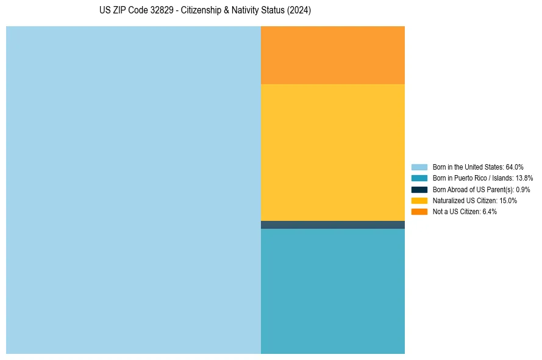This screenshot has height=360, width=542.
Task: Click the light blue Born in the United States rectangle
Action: pos(134,190)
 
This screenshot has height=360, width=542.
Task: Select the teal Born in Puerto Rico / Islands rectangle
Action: pos(332,291)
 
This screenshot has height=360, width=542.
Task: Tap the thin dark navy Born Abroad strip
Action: pos(332,225)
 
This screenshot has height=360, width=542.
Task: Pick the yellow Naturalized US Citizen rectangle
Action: pos(332,153)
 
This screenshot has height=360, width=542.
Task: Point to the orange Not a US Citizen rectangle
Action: pos(332,55)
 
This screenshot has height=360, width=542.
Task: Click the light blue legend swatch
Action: pos(419,167)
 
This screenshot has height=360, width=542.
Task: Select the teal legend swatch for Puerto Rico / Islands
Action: pos(419,178)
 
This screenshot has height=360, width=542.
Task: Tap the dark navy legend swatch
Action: pos(419,190)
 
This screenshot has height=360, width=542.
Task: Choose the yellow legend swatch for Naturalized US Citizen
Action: pos(419,201)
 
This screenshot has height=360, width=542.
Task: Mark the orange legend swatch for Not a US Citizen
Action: pos(419,212)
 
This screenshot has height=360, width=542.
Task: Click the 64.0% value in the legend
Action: pos(515,167)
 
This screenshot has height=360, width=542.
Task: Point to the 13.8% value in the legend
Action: pos(524,178)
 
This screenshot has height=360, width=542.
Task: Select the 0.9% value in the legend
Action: pos(522,190)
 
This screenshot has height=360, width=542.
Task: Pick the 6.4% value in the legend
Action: pos(489,212)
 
